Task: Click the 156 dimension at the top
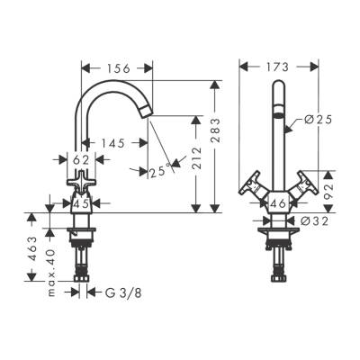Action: [115, 67]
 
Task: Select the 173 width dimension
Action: [277, 67]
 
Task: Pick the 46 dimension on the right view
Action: [278, 205]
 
